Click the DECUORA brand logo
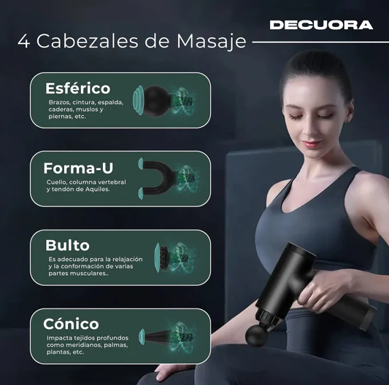[320, 25]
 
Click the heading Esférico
[77, 88]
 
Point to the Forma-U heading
[78, 167]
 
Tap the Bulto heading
[68, 245]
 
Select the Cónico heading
[72, 323]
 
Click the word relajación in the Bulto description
[128, 260]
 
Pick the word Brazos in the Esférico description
[61, 102]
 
